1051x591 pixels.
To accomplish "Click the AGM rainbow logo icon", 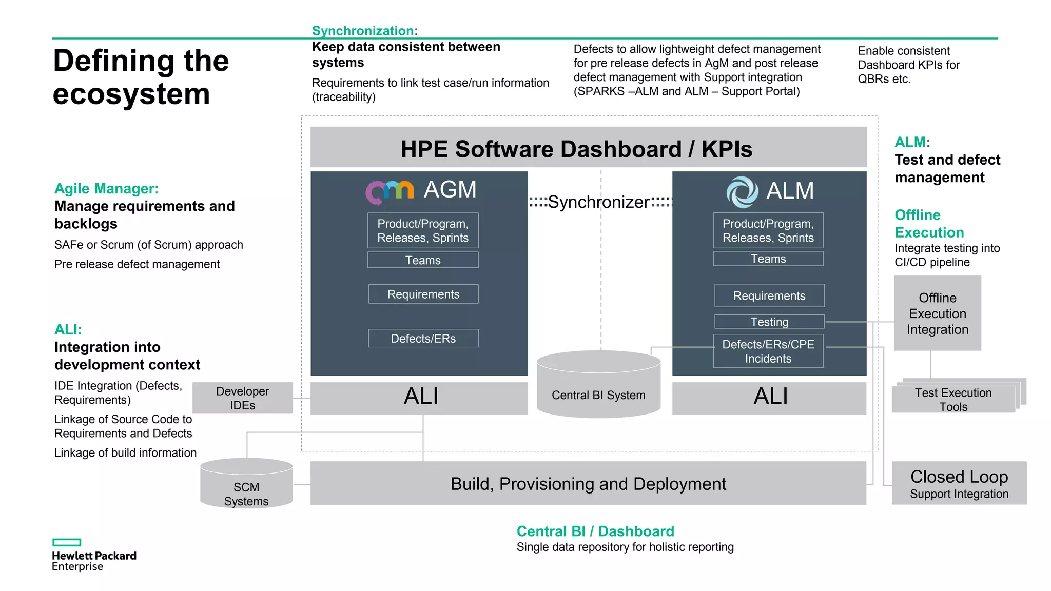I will point(389,192).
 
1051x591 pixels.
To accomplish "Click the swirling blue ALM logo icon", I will point(742,192).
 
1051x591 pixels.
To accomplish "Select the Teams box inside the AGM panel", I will point(423,260).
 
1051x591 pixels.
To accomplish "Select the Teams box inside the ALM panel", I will point(768,259).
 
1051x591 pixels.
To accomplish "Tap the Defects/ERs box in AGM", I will point(423,339).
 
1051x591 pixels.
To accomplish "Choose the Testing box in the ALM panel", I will point(769,322).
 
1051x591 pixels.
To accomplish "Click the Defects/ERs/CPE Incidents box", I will point(768,351).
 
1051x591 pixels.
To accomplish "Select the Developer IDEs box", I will point(242,398).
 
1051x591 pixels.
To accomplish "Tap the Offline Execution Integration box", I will point(938,313).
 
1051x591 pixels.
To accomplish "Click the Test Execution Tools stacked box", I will point(953,400).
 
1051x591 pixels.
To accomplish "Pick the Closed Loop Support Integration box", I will point(959,483).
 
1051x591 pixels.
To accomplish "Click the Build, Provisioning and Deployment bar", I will point(588,483).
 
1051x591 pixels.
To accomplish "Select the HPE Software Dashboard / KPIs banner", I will point(588,148).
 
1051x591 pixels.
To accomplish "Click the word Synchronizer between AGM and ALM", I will point(598,202).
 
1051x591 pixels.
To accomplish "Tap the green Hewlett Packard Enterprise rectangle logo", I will point(67,542).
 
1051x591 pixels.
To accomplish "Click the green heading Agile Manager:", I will point(107,189).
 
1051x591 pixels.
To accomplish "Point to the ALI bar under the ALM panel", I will point(769,398).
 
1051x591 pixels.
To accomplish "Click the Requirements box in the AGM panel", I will point(423,294).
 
